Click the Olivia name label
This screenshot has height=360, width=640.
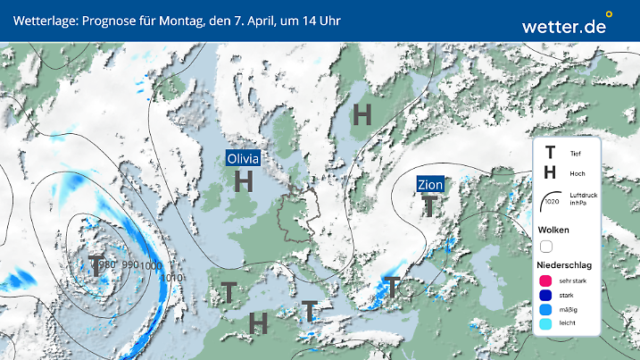click(244, 158)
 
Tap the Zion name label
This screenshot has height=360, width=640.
click(430, 185)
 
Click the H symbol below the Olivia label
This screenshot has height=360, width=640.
click(243, 181)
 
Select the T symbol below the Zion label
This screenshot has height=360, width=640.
click(429, 206)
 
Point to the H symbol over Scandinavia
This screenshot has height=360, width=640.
click(362, 113)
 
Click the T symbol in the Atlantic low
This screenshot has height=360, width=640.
click(96, 265)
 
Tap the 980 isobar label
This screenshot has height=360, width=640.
click(107, 264)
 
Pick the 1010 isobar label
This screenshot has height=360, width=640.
click(173, 277)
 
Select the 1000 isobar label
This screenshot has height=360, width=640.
click(151, 265)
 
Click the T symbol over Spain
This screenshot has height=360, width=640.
click(229, 291)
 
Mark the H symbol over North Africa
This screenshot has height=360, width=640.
click(259, 322)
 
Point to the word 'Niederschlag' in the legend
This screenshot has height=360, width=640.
click(564, 265)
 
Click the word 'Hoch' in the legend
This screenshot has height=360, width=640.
click(577, 174)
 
